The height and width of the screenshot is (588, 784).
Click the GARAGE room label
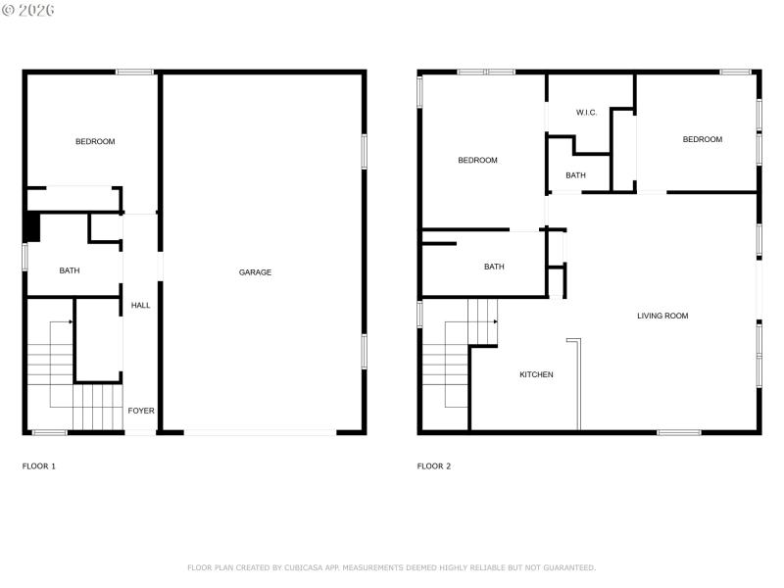point(255,272)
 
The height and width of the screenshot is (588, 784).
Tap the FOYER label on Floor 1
point(140,411)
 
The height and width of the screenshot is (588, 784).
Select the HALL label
point(140,306)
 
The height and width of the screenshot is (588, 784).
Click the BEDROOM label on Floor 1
point(95,142)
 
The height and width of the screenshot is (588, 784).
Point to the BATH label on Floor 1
point(70,270)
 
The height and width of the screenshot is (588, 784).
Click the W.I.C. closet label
point(587,113)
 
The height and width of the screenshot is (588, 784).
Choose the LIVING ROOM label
point(662,316)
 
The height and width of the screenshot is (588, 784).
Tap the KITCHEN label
point(536,374)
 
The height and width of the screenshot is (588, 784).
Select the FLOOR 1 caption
point(39,466)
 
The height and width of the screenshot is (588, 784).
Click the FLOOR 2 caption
point(434,466)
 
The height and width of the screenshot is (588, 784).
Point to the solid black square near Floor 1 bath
point(31,226)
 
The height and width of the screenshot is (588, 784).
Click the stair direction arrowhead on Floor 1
point(71,321)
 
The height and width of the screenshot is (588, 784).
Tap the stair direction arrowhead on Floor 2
point(496,321)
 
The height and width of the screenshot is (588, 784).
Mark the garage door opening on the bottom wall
point(260,432)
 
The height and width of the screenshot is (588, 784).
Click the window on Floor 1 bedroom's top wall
point(134,72)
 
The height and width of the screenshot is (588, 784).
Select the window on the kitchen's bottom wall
point(678,432)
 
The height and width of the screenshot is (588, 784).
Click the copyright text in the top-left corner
point(28,10)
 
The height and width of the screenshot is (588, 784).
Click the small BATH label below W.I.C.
point(575,175)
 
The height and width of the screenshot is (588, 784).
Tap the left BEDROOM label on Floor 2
point(477,161)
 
